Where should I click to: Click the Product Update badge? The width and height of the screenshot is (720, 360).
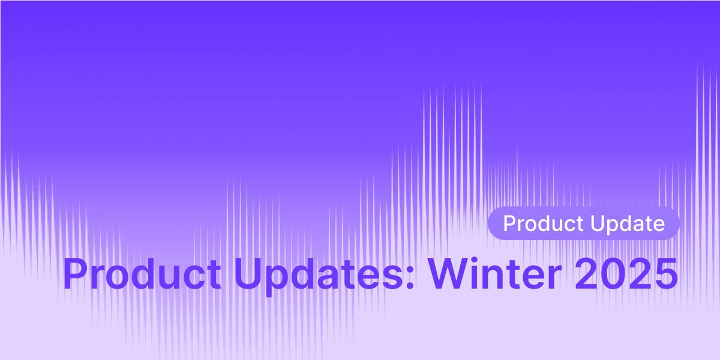point(583,224)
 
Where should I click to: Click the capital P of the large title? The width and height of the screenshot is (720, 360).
point(76,275)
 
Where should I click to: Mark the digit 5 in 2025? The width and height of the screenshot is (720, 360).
point(665,275)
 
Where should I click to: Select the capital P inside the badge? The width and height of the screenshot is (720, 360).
point(509,224)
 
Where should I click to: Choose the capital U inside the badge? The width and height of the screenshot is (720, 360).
point(596,224)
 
